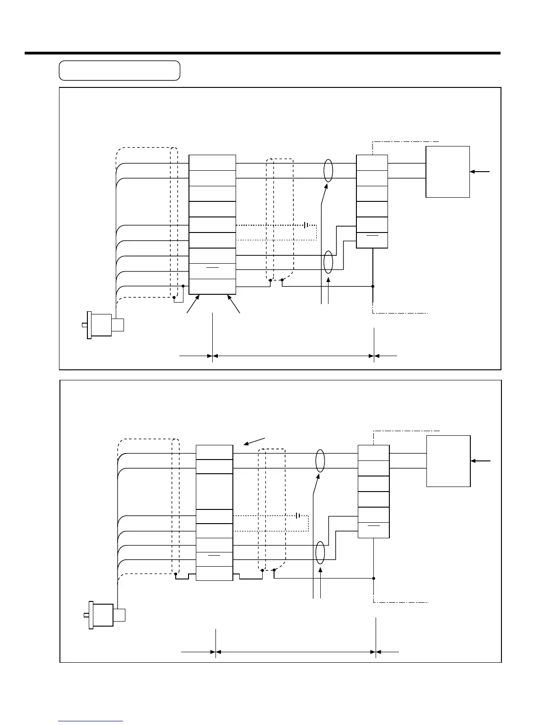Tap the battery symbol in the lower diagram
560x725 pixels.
pyautogui.click(x=298, y=515)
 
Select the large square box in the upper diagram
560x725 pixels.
pyautogui.click(x=447, y=172)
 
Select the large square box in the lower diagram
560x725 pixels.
pyautogui.click(x=448, y=461)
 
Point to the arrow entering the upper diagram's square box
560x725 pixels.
pyautogui.click(x=480, y=172)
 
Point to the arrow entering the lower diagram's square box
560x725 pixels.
pyautogui.click(x=481, y=461)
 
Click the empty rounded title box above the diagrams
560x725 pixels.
pyautogui.click(x=119, y=70)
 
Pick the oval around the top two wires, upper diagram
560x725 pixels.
pyautogui.click(x=328, y=171)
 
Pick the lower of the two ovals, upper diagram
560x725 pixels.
pyautogui.click(x=328, y=262)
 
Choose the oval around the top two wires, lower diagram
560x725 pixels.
pyautogui.click(x=320, y=461)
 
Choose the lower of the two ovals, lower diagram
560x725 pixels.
pyautogui.click(x=320, y=552)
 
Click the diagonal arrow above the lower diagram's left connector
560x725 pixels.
pyautogui.click(x=254, y=441)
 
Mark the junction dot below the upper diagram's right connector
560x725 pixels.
pyautogui.click(x=373, y=287)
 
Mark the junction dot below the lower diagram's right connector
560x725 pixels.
pyautogui.click(x=374, y=578)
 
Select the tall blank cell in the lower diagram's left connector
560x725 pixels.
pyautogui.click(x=214, y=492)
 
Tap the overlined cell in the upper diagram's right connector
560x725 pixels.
pyautogui.click(x=372, y=240)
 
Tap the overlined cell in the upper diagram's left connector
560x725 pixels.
pyautogui.click(x=212, y=271)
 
